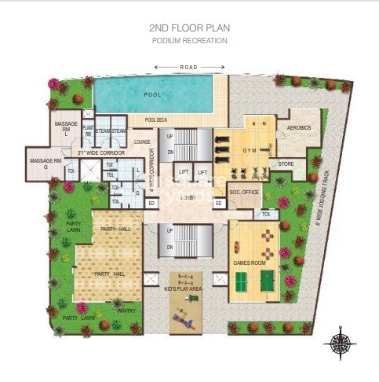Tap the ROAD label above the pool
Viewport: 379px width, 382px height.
pyautogui.click(x=189, y=68)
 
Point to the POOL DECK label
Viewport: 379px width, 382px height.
pyautogui.click(x=156, y=119)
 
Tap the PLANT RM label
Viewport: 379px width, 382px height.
pyautogui.click(x=89, y=131)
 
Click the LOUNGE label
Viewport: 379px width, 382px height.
pyautogui.click(x=142, y=141)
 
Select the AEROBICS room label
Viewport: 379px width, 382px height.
pyautogui.click(x=299, y=127)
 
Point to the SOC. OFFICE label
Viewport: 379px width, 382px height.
pyautogui.click(x=244, y=191)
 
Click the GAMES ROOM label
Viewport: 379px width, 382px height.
pyautogui.click(x=247, y=263)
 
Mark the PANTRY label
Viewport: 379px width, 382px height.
pyautogui.click(x=127, y=310)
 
